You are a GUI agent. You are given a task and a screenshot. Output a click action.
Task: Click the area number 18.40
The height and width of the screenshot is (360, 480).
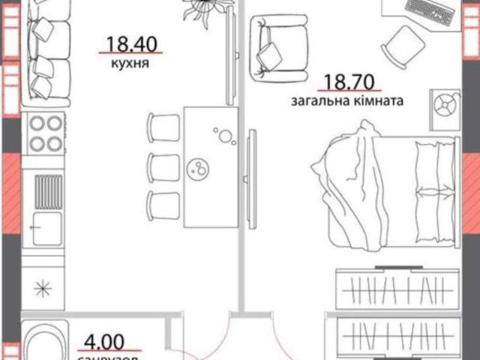point(131,43)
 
